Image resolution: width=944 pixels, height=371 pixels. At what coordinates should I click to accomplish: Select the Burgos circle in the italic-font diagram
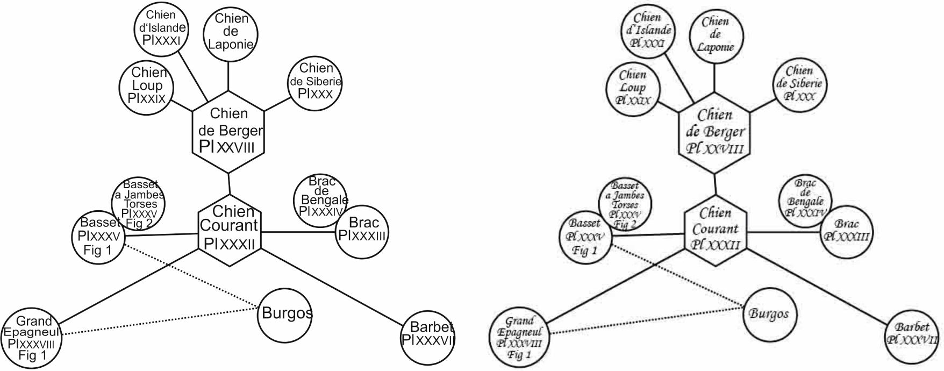(769, 314)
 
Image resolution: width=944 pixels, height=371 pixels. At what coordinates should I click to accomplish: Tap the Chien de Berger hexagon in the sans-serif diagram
(228, 131)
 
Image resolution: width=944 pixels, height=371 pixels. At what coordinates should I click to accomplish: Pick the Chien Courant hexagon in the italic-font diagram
(716, 229)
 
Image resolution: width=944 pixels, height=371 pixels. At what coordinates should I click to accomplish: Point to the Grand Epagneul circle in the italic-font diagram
(519, 338)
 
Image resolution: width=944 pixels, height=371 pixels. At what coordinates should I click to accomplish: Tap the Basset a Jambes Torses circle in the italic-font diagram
(625, 203)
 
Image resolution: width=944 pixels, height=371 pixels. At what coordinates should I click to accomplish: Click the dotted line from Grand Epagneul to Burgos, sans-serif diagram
(161, 322)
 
